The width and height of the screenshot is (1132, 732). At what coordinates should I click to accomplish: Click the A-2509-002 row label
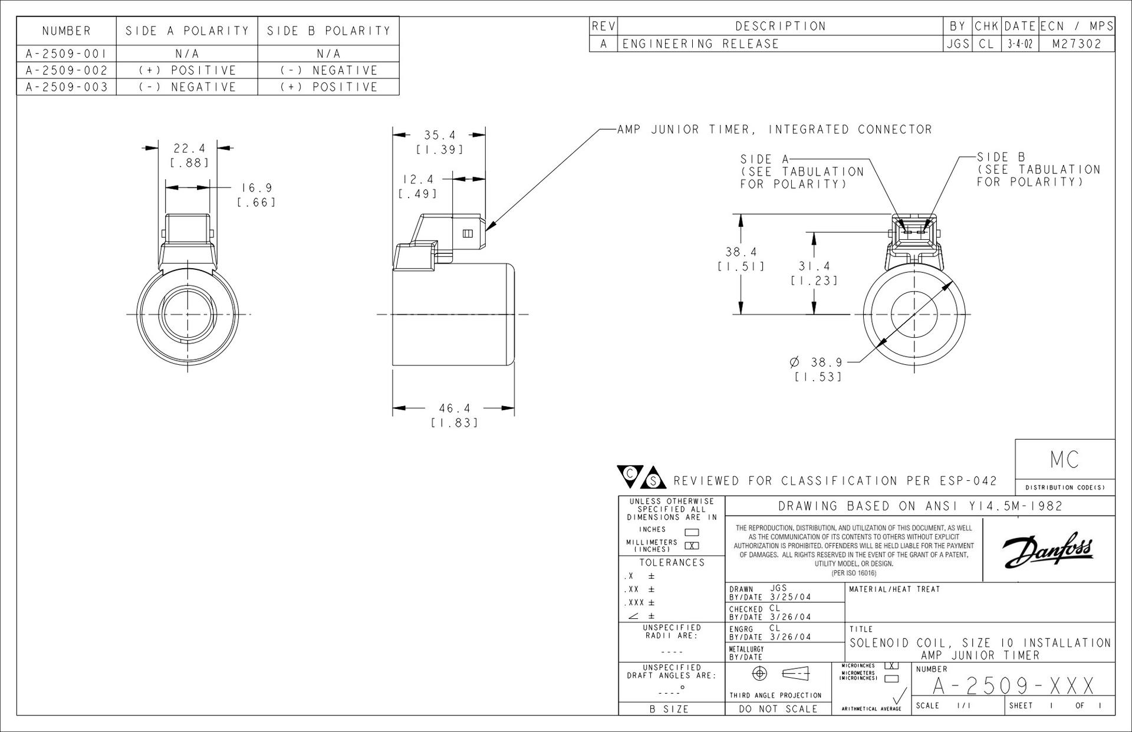[67, 70]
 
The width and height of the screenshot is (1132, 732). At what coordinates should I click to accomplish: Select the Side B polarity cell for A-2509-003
[328, 87]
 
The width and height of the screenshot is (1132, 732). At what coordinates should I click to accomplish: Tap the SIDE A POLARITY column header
[187, 31]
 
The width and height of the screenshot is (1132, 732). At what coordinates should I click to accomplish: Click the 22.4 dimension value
[189, 149]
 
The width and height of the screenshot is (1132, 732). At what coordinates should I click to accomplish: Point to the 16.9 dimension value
[257, 188]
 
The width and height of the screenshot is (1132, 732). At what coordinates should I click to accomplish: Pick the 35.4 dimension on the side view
[440, 136]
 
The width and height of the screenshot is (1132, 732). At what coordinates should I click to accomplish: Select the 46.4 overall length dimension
[455, 408]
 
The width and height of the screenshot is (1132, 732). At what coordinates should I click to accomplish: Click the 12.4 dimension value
[418, 179]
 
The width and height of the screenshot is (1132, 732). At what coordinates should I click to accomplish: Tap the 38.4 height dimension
[741, 252]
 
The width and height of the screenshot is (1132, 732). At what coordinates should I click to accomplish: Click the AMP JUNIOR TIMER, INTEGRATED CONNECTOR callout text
[775, 130]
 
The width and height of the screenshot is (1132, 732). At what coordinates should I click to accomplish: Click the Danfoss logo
[1048, 549]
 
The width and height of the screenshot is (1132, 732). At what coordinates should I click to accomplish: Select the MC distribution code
[1065, 460]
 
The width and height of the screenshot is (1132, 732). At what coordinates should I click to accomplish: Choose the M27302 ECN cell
[1077, 44]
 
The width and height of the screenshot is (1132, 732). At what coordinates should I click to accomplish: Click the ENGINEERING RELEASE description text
[701, 44]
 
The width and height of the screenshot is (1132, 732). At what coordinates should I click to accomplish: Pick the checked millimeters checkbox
[692, 545]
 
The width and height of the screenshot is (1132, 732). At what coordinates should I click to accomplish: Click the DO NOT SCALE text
[778, 709]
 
